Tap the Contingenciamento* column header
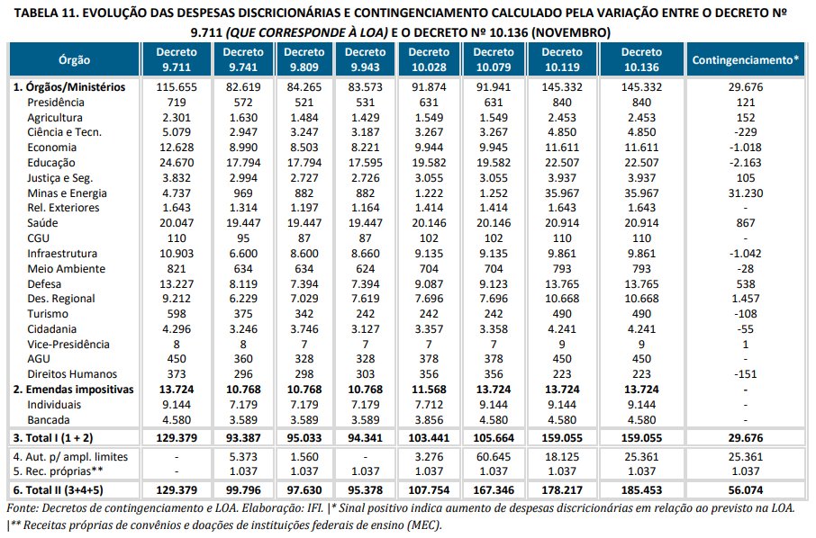(x=745, y=59)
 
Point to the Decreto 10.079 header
(x=499, y=59)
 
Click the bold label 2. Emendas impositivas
(x=74, y=390)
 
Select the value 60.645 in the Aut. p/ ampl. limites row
(x=498, y=457)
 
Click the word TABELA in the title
(x=32, y=13)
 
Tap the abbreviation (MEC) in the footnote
(x=422, y=525)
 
